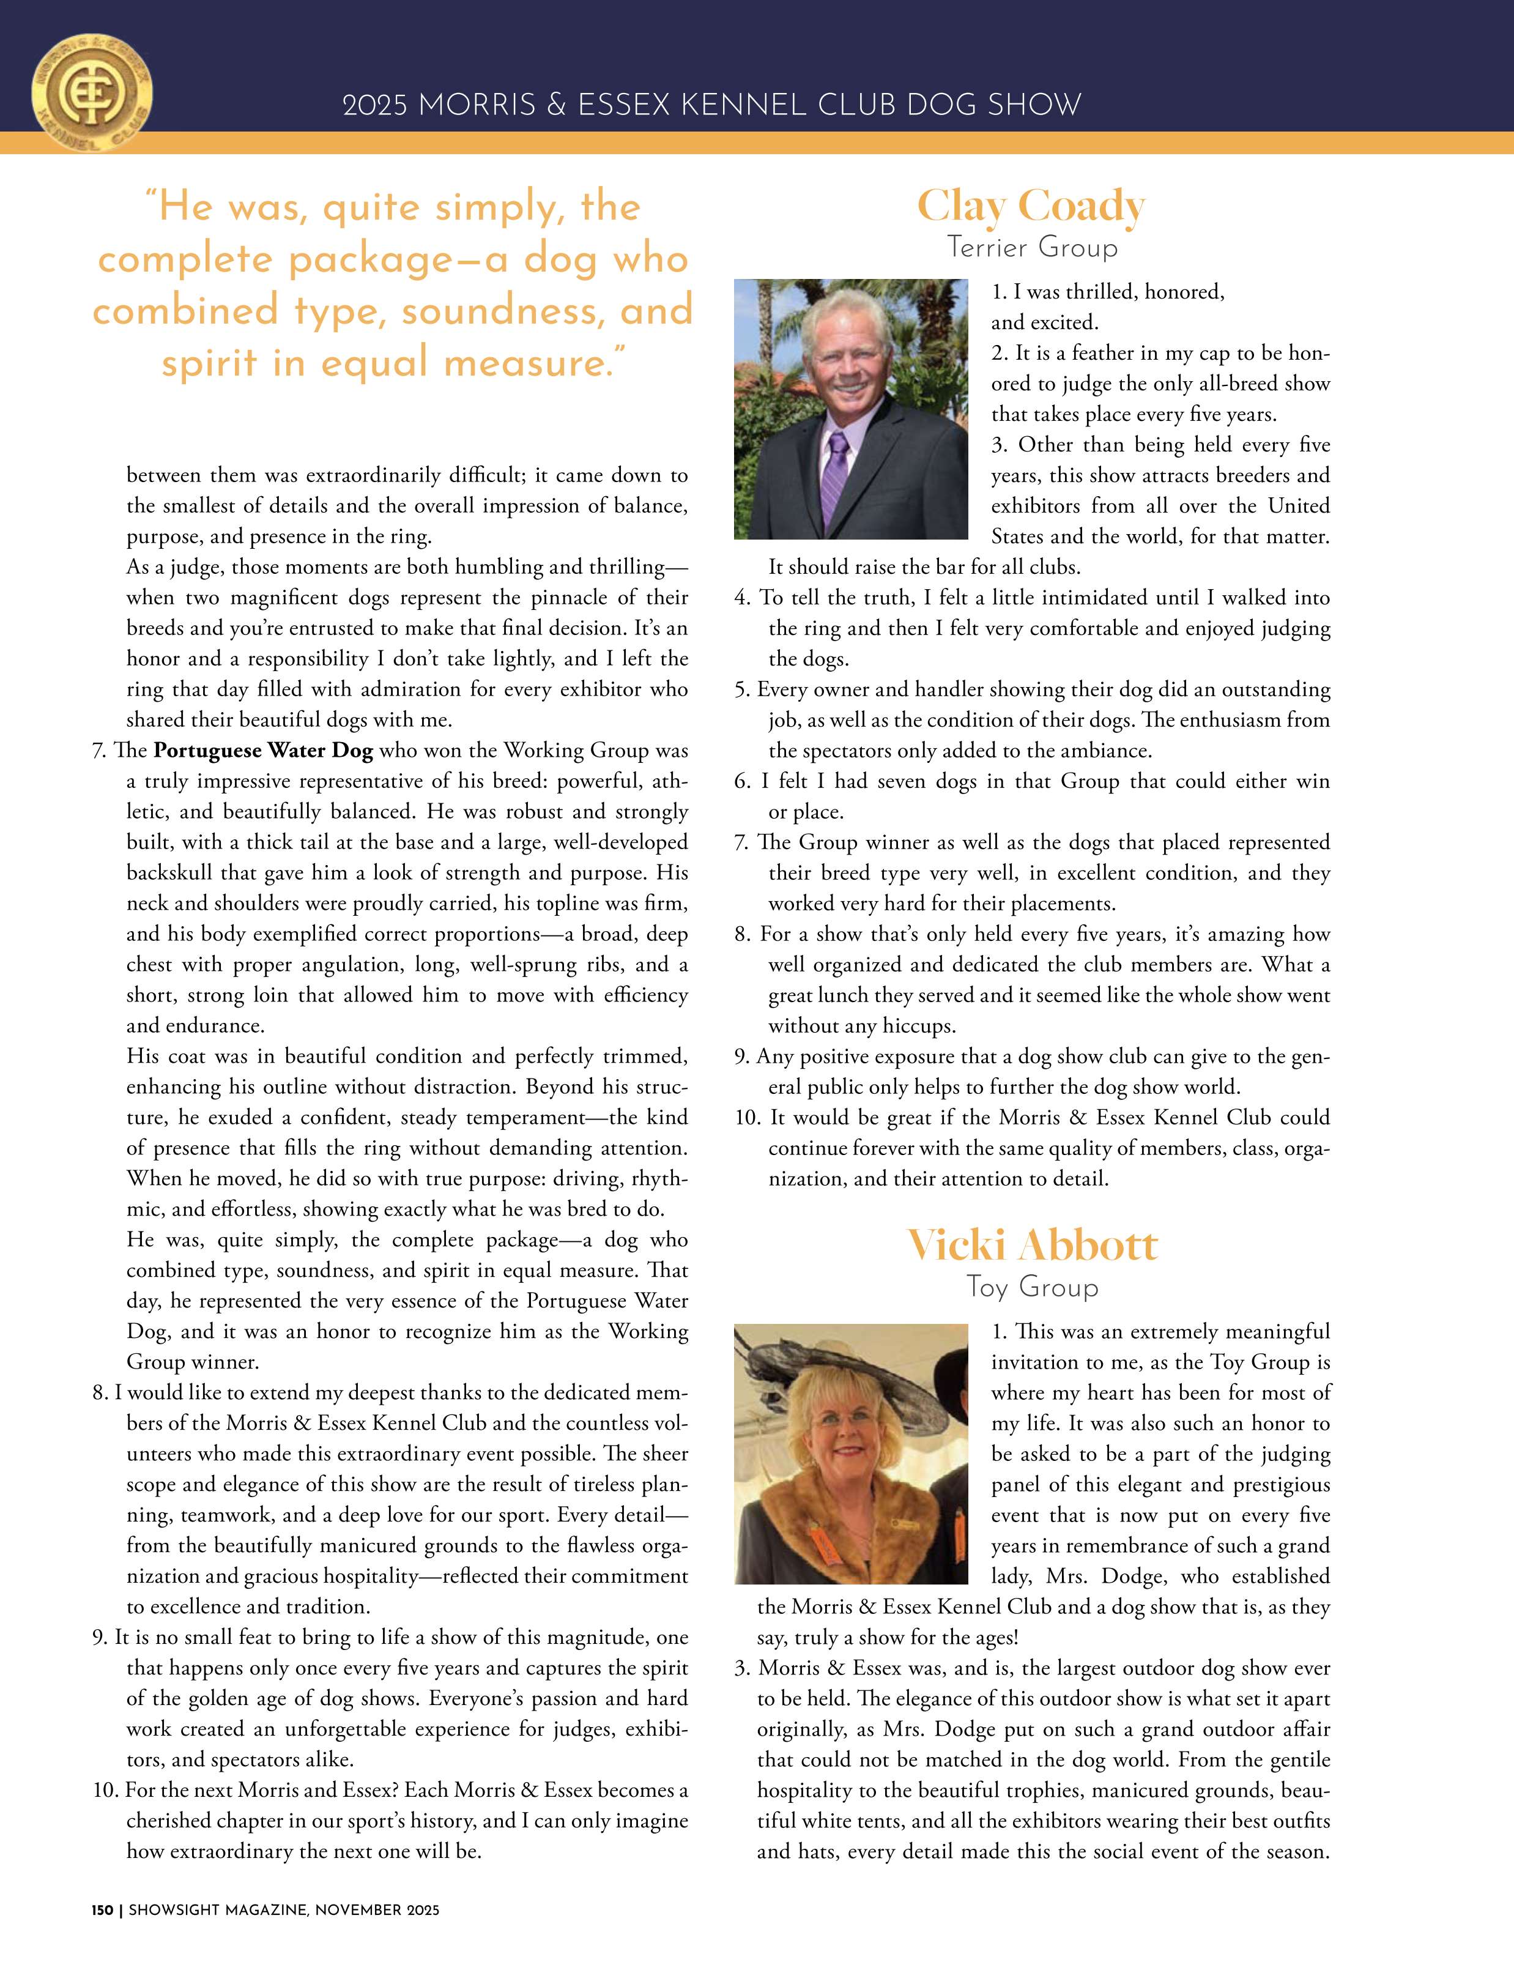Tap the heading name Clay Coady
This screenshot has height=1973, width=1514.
click(1031, 206)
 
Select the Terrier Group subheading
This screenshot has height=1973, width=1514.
click(1032, 247)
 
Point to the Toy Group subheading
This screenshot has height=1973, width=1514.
click(1032, 1286)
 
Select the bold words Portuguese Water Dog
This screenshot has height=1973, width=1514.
click(263, 751)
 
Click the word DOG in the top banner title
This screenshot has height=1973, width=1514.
click(942, 105)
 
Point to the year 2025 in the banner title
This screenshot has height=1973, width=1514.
click(375, 105)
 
